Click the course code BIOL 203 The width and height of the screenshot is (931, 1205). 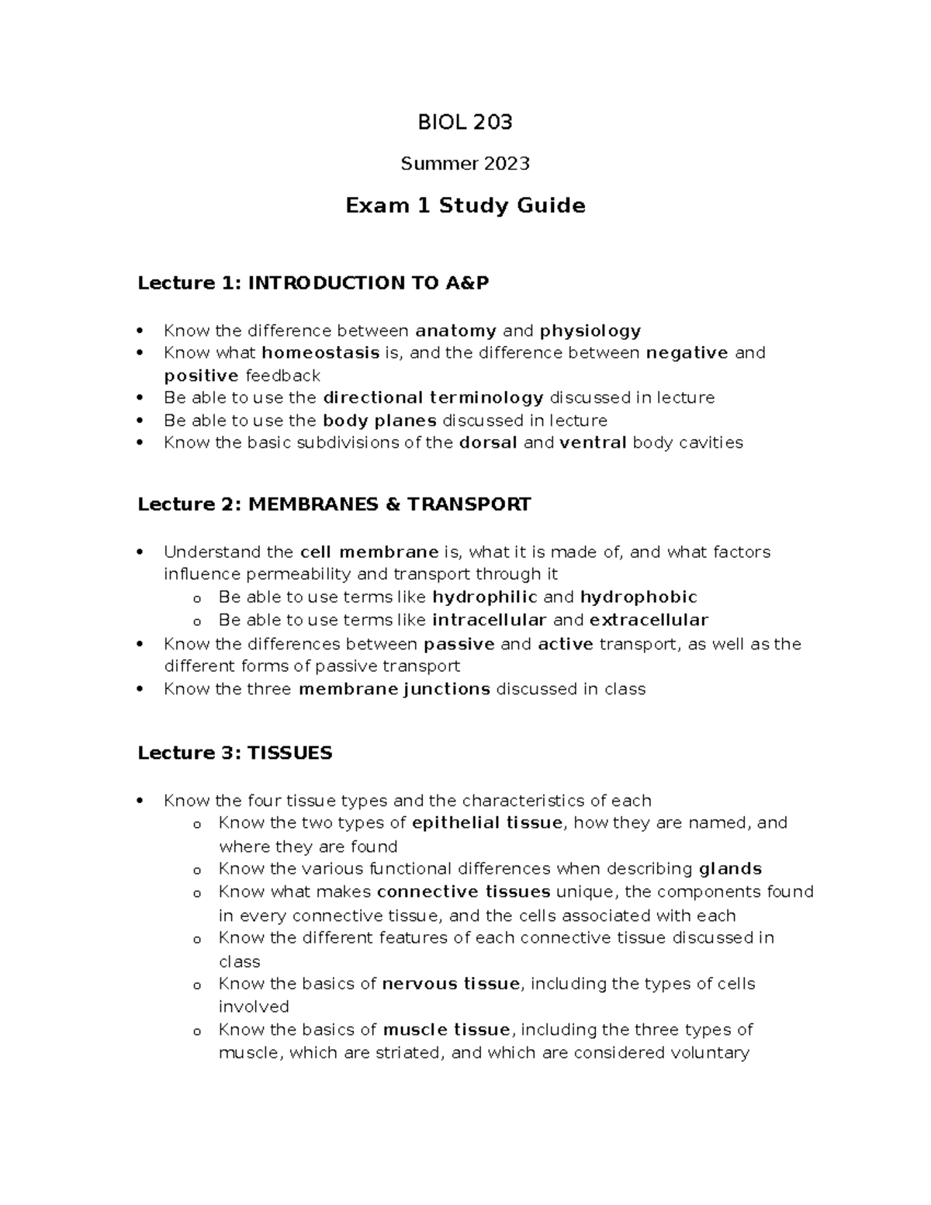coord(465,122)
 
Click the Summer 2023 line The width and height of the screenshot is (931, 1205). coord(465,164)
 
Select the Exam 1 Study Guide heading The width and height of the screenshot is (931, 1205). coord(465,206)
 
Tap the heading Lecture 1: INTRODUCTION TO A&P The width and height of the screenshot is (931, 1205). coord(313,283)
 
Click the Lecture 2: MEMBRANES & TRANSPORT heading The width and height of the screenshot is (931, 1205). coord(334,504)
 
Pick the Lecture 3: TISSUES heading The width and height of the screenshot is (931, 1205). coord(234,753)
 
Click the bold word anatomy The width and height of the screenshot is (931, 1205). coord(455,331)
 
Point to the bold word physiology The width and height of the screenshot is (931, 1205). coord(590,331)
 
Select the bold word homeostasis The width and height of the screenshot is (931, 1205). coord(320,353)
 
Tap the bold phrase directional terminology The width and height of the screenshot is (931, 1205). coord(433,398)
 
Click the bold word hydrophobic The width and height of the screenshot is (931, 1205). coord(639,597)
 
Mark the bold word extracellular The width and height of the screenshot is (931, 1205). coord(649,620)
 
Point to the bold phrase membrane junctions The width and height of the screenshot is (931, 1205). coord(394,689)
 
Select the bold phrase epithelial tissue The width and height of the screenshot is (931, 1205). coord(486,822)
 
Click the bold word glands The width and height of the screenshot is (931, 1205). coord(730,868)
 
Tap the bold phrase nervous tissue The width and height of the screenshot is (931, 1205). coord(450,984)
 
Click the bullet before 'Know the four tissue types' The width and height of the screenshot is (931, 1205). coord(140,801)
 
